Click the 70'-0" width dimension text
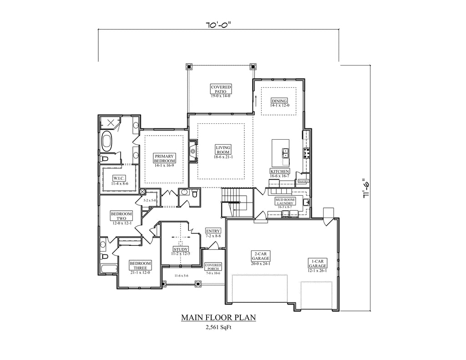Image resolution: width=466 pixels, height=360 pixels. pos(218,25)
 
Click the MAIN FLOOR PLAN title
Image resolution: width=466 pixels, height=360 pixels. pos(218,318)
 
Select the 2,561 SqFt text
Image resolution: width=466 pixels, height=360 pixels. pos(218,327)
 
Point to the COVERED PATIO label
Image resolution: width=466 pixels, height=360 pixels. pos(221,89)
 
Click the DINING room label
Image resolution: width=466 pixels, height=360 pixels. pos(279,101)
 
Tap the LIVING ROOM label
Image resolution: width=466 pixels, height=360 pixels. pos(223,150)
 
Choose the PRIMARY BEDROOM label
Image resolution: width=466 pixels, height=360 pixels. pos(164,158)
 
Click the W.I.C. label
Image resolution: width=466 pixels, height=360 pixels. pos(119,178)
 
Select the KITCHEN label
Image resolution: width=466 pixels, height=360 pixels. pos(280,172)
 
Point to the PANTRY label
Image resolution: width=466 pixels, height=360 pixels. pos(304,181)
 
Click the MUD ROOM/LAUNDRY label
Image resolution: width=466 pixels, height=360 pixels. pos(285,201)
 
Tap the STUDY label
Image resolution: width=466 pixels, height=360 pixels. pos(181,249)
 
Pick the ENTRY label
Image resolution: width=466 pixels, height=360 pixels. pos(213,231)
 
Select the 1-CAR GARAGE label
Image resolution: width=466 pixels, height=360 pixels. pos(317,264)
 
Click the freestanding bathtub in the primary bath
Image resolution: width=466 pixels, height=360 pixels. pos(107,142)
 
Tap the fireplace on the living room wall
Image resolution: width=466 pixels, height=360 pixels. pos(193,151)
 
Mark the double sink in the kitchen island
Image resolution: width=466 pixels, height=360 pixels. pos(285,153)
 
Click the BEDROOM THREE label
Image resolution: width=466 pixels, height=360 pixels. pos(140,265)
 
